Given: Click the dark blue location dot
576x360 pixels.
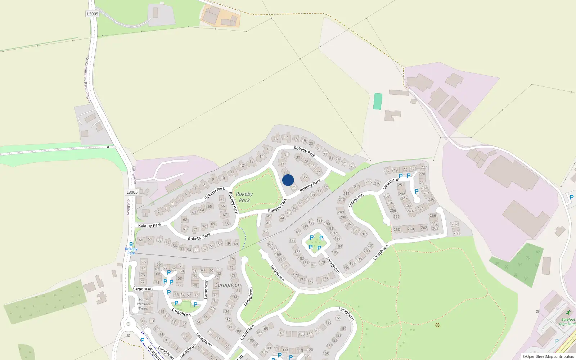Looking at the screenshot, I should [288, 180].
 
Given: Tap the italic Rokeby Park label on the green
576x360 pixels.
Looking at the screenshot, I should [244, 197].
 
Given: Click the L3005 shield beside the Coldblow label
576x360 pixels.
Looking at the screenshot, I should [132, 192].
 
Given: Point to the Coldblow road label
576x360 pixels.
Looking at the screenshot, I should [128, 207].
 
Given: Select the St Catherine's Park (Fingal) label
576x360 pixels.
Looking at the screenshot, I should [88, 79].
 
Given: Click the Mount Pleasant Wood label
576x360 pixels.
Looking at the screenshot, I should [144, 304].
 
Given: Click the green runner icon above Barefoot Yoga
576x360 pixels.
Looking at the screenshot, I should [568, 312].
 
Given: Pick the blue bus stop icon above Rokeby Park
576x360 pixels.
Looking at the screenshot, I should [131, 244].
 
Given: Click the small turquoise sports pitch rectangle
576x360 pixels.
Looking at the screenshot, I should [378, 101].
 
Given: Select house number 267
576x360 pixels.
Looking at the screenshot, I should [455, 224].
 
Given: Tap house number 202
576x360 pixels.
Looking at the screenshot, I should [364, 234].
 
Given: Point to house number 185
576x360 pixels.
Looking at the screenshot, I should [292, 240].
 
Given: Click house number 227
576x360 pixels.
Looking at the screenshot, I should [424, 167].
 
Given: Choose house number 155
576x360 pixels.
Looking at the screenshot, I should [338, 318].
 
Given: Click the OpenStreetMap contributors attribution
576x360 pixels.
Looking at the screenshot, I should [548, 356].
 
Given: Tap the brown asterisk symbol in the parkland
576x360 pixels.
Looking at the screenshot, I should [438, 325].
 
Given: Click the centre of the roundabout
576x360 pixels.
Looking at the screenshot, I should [128, 324].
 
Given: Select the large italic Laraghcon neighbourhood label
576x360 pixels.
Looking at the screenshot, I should [228, 285].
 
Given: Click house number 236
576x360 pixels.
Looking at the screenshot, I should [431, 199].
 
